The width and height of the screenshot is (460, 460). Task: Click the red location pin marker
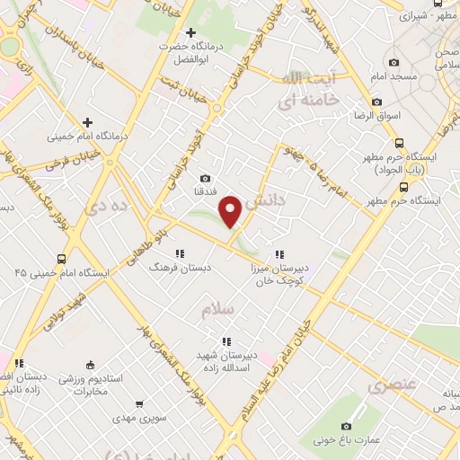point(231,208)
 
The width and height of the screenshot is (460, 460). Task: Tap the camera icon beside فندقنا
point(206,179)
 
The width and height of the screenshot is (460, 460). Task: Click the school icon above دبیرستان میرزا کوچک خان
point(279,253)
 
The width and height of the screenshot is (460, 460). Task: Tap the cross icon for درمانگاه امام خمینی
point(87,122)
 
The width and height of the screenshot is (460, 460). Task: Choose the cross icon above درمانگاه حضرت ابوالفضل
point(190,32)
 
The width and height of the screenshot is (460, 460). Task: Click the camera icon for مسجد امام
point(394,62)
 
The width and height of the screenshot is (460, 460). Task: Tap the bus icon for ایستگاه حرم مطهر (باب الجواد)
point(401,143)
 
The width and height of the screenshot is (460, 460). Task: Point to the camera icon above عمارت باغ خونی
point(347,425)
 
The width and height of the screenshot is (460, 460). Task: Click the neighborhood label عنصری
point(392,385)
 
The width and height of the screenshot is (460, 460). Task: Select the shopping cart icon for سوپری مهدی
point(138,404)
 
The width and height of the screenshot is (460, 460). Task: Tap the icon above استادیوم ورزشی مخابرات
point(89,364)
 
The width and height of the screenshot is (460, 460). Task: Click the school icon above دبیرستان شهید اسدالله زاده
point(226,341)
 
